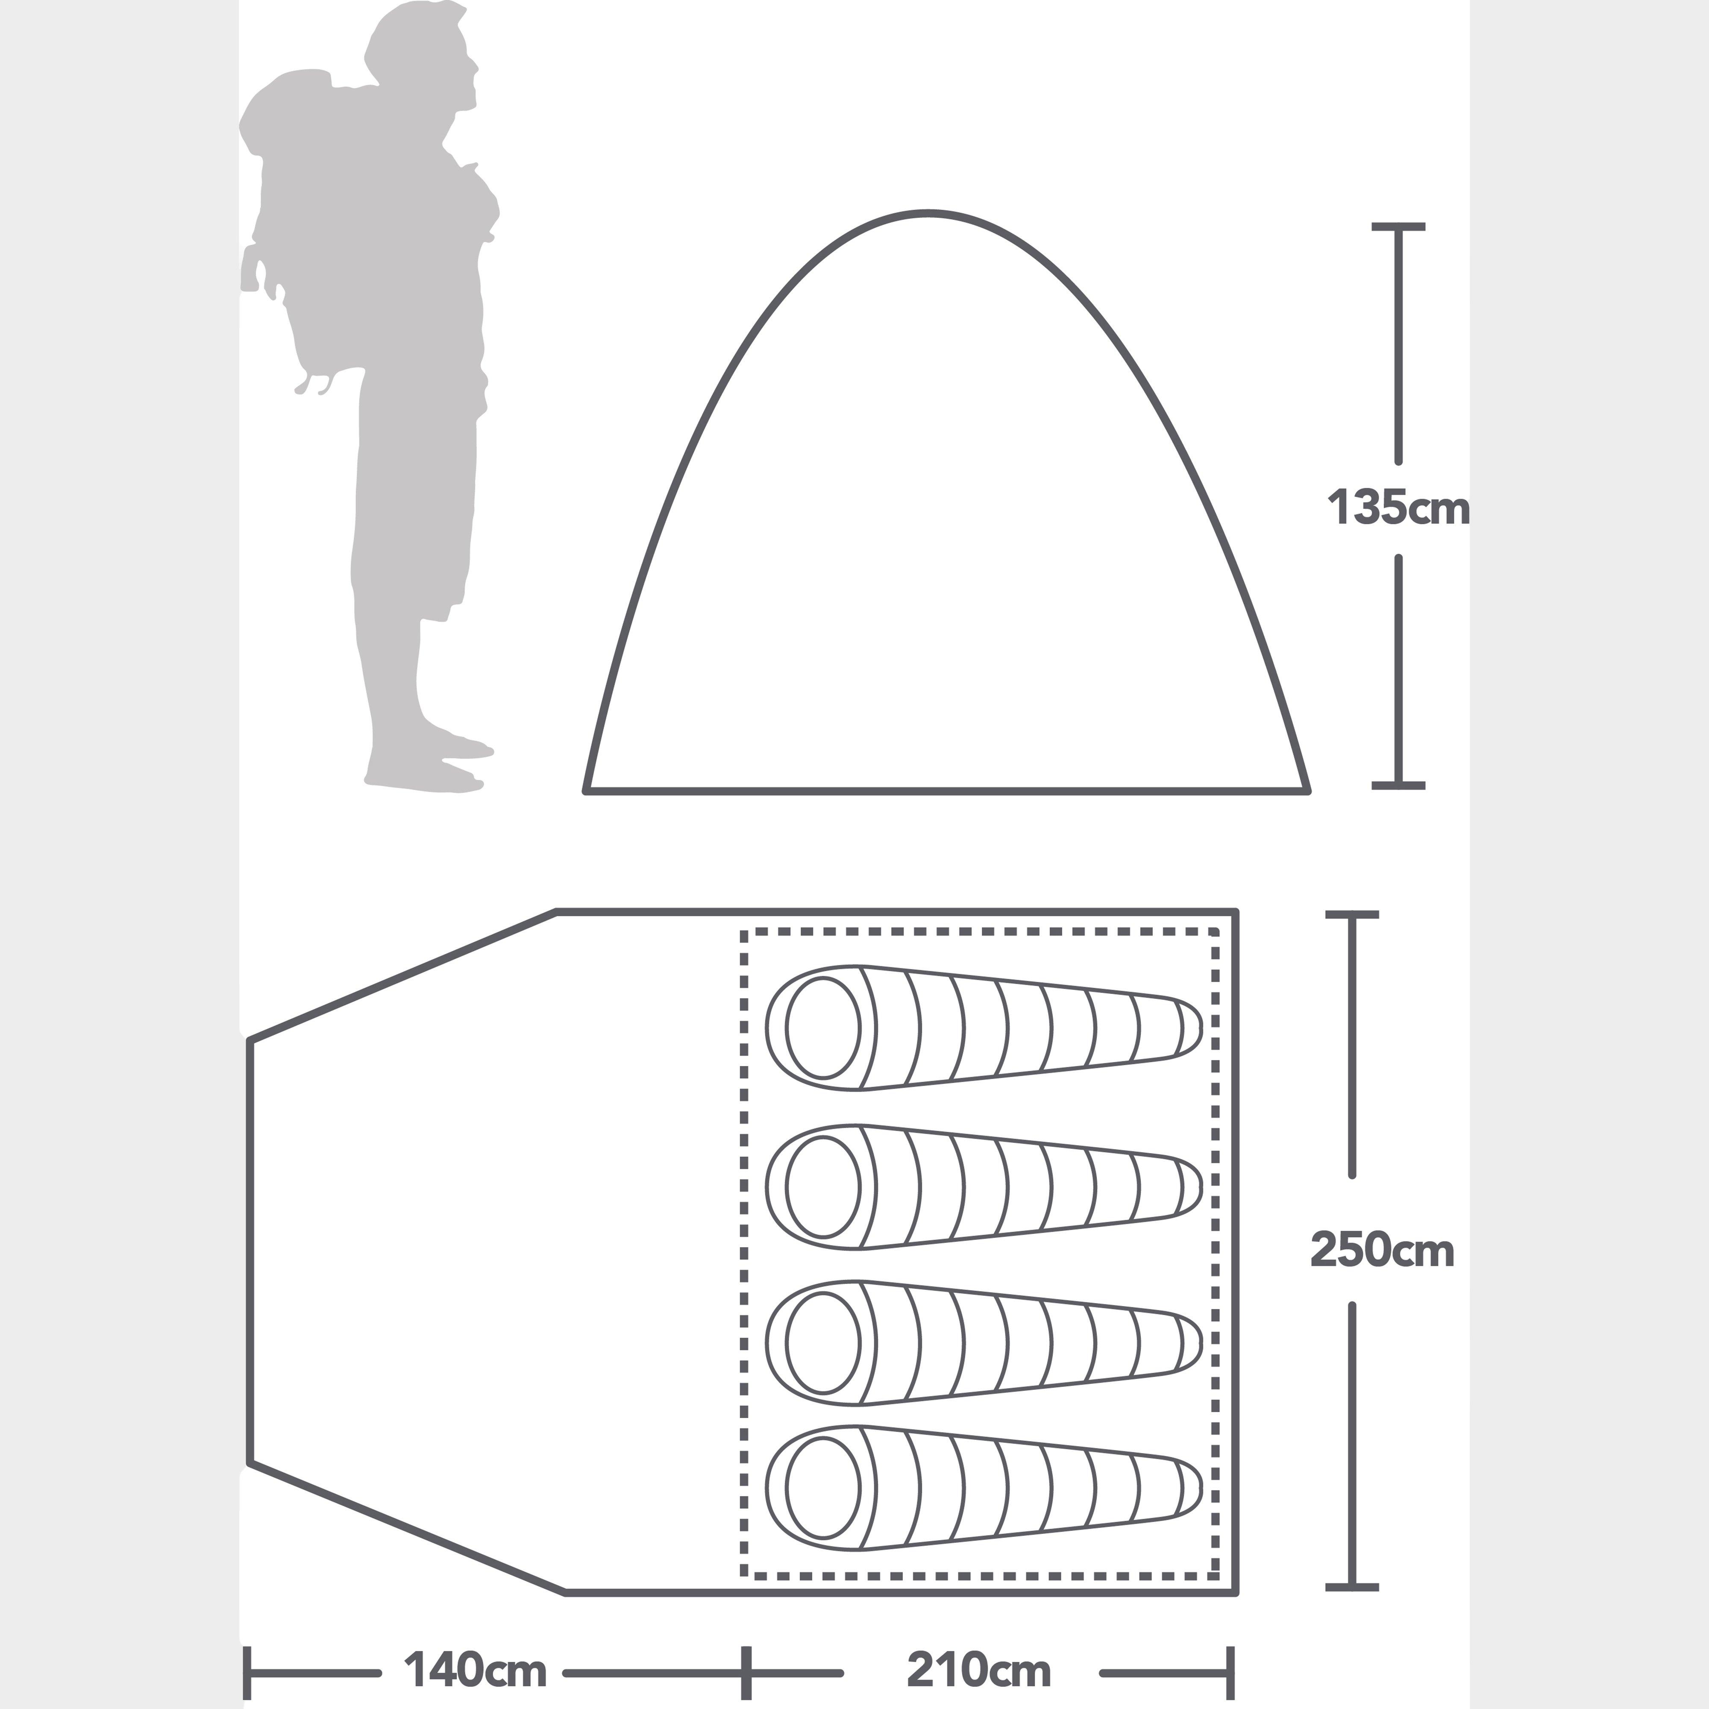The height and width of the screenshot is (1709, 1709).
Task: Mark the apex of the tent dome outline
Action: (x=927, y=213)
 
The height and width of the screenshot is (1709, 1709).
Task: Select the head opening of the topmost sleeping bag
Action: (x=822, y=1028)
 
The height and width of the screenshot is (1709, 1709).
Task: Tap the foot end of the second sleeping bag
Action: (x=1190, y=1186)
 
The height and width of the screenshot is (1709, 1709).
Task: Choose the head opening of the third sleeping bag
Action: (x=822, y=1342)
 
